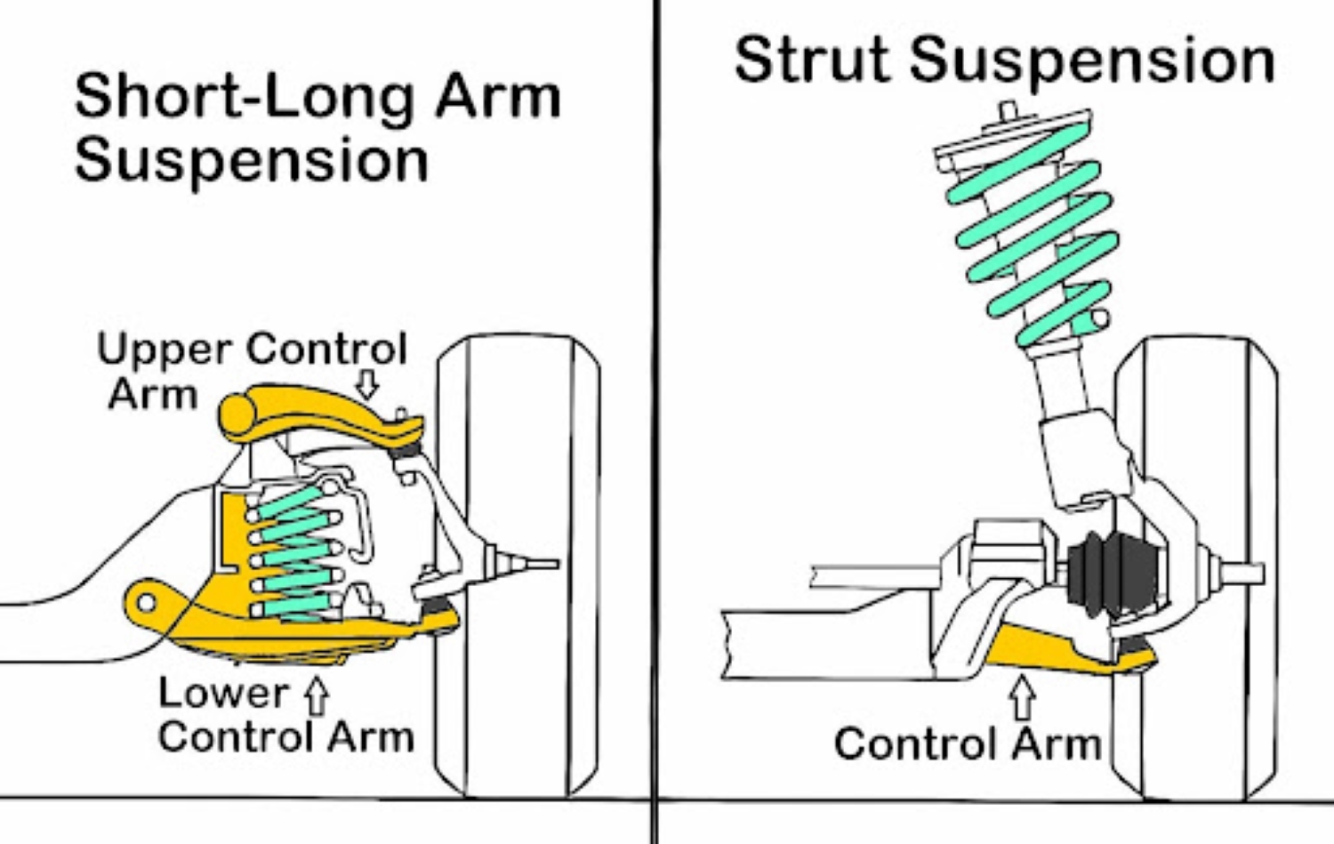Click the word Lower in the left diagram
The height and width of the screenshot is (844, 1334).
click(x=223, y=694)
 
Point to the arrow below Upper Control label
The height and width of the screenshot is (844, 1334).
click(x=366, y=383)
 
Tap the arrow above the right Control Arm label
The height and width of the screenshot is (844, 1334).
click(x=1023, y=697)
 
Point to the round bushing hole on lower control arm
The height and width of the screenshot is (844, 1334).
click(x=147, y=603)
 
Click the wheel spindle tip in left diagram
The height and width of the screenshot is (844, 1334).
click(x=542, y=563)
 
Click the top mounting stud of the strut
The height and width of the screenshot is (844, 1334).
click(x=1008, y=111)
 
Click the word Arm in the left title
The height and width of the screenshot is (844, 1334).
click(x=497, y=96)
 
